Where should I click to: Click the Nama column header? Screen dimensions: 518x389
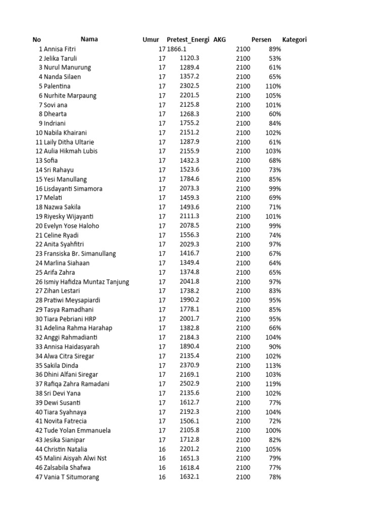[x=89, y=39]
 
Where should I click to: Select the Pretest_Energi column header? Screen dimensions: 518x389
[x=188, y=39]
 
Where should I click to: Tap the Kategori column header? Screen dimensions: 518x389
[x=294, y=39]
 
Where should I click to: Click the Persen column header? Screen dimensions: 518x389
[x=261, y=39]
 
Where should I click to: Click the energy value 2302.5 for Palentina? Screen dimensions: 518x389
[x=189, y=86]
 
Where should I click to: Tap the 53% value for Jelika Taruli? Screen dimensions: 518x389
[x=275, y=58]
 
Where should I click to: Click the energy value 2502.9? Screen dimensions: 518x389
[x=189, y=384]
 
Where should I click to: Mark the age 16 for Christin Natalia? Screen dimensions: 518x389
[x=162, y=449]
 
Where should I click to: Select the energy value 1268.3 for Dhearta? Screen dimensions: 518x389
[x=189, y=114]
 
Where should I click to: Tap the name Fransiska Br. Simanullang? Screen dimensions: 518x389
[x=80, y=253]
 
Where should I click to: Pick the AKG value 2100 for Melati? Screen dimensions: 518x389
[x=243, y=198]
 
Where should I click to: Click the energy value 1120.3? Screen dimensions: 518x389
[x=189, y=58]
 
